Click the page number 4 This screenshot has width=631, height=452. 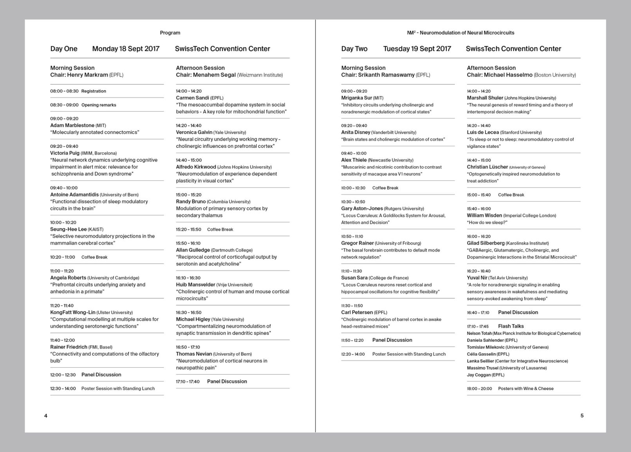[46, 416]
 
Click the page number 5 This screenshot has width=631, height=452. [582, 416]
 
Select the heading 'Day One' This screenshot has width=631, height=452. [64, 49]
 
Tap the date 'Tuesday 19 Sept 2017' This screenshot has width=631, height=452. [417, 49]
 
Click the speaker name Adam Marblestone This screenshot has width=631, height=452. [72, 125]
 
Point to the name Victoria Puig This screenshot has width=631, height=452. [65, 153]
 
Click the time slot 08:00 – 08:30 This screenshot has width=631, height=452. [64, 91]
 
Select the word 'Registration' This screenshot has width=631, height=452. [94, 91]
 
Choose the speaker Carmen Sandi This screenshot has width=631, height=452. [192, 98]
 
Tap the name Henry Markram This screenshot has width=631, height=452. [90, 75]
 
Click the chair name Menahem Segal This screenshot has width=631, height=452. [217, 75]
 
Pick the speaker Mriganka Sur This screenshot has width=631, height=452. [356, 98]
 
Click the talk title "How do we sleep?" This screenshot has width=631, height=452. [487, 222]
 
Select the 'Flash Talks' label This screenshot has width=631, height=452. [511, 326]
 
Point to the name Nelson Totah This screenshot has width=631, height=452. [479, 333]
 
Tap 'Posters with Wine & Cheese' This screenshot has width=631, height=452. [526, 388]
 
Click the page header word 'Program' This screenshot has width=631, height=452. [170, 33]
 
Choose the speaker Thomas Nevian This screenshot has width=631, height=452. [194, 354]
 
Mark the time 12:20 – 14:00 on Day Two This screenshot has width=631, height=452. [353, 354]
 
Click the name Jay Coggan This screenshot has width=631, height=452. [479, 375]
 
